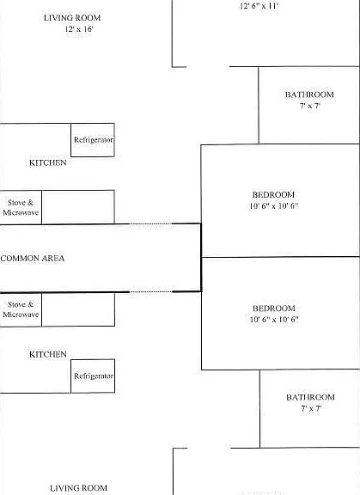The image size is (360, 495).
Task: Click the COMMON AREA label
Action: click(x=33, y=258)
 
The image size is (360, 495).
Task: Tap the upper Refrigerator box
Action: click(x=93, y=140)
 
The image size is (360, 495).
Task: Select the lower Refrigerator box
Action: click(x=93, y=376)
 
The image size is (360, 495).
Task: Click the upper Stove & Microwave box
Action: click(x=21, y=207)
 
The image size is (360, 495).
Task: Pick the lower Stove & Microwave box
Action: click(x=21, y=309)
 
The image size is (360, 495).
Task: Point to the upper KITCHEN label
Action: click(x=48, y=162)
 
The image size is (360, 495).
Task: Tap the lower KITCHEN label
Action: click(x=48, y=354)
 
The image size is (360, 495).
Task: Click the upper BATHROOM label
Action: click(x=309, y=95)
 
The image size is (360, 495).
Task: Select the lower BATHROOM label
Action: click(x=310, y=397)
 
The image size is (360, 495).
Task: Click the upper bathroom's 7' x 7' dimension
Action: click(x=310, y=106)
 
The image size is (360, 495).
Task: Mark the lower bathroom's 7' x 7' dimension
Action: click(x=311, y=408)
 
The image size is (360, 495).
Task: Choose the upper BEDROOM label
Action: click(x=273, y=194)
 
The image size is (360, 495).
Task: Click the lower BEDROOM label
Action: click(x=274, y=309)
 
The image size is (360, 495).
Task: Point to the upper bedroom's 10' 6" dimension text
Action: click(x=274, y=206)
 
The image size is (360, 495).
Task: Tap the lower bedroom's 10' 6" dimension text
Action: click(x=274, y=319)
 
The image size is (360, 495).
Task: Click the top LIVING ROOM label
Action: click(x=72, y=18)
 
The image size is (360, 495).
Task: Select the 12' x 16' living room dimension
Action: click(x=79, y=29)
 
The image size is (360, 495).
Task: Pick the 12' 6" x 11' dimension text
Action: click(x=259, y=6)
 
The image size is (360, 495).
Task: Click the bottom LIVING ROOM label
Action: click(x=78, y=488)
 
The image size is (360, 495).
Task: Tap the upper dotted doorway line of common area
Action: click(x=151, y=223)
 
